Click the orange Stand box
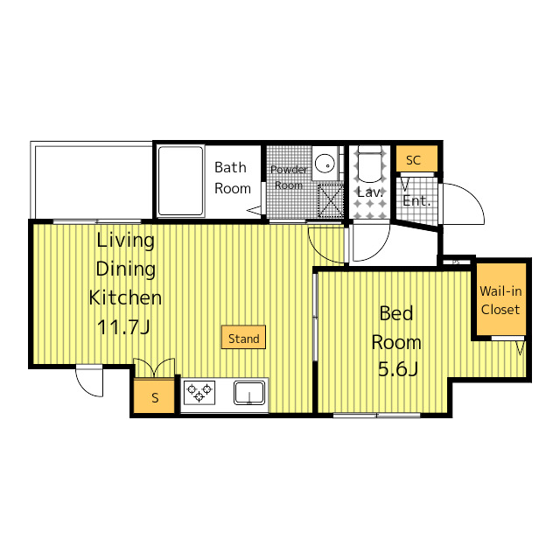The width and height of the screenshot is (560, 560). [x=243, y=337]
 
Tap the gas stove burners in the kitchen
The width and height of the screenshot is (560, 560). [x=199, y=393]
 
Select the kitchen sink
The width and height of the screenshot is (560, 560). [x=249, y=393]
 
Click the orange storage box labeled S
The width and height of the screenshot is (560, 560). [x=154, y=396]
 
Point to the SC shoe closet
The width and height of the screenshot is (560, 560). [x=416, y=158]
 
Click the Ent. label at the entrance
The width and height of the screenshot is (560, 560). [x=416, y=200]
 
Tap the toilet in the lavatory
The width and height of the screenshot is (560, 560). [x=369, y=164]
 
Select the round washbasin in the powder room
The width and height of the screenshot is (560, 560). [x=325, y=163]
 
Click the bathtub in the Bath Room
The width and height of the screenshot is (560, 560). [x=181, y=181]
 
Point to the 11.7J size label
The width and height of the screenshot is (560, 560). [x=123, y=326]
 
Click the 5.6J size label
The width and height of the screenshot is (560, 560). [x=398, y=369]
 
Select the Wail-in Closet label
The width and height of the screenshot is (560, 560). [x=500, y=300]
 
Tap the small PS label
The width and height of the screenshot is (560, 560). [x=456, y=262]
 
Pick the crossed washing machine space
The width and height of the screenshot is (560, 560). [x=331, y=200]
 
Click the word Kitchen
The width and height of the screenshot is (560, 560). [x=125, y=297]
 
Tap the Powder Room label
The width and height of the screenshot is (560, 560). [x=289, y=177]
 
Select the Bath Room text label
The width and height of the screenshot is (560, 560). [x=233, y=178]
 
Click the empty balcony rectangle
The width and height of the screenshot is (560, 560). [x=92, y=180]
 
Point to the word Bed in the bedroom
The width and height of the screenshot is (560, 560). [x=396, y=313]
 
